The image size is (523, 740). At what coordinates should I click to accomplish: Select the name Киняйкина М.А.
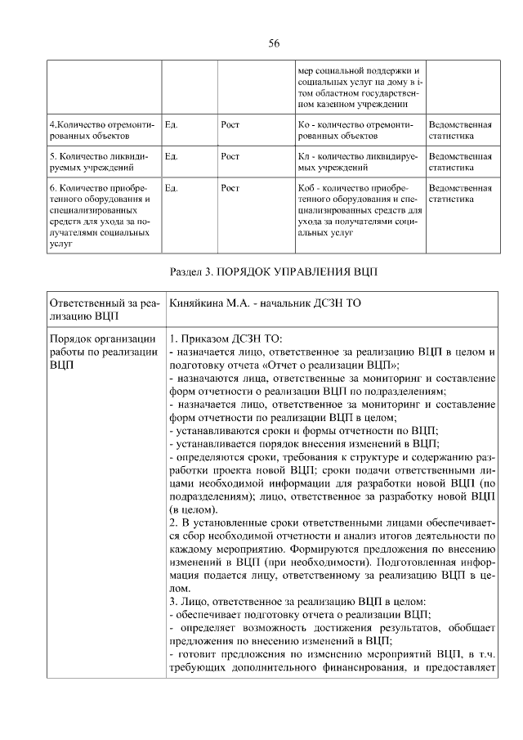click(210, 303)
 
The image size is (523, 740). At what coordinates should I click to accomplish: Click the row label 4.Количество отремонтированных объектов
click(102, 131)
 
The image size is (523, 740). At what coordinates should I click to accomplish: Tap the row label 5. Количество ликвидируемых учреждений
click(102, 162)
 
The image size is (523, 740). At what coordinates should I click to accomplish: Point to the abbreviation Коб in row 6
click(307, 187)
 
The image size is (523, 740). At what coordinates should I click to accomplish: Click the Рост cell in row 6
click(230, 187)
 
